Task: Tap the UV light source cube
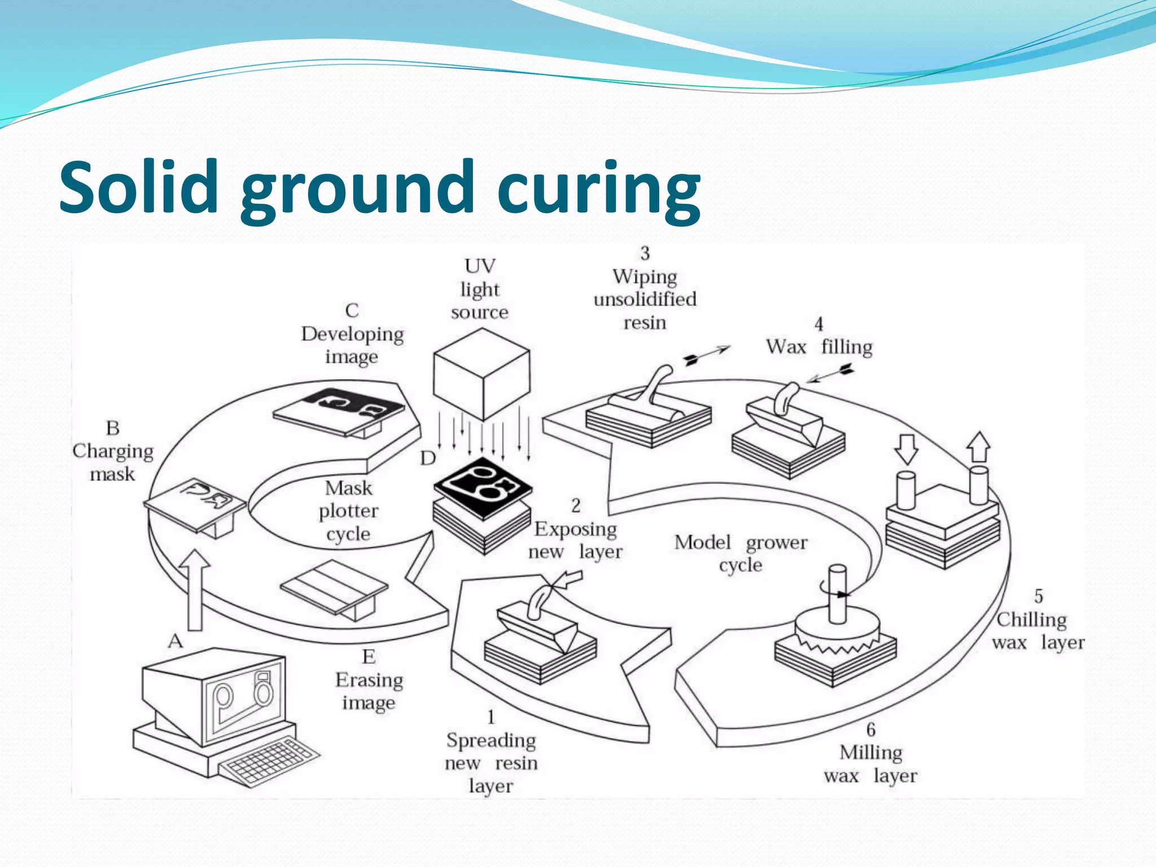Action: (481, 375)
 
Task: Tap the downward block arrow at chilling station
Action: (906, 449)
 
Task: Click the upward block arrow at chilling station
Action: (978, 447)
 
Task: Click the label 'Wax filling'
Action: (819, 347)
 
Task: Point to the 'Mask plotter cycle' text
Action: (348, 511)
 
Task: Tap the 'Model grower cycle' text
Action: (741, 553)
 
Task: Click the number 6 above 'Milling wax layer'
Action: (871, 729)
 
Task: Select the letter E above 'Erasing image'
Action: (369, 656)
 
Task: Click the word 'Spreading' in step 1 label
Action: (491, 740)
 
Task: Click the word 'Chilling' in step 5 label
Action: (1031, 620)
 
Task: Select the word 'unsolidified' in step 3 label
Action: (645, 299)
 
